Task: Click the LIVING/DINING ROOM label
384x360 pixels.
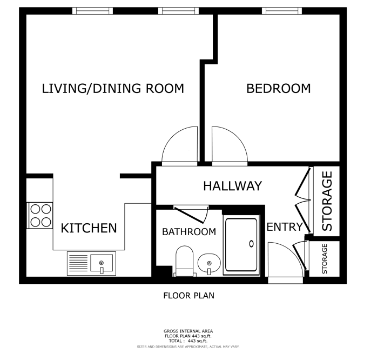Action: pos(113,89)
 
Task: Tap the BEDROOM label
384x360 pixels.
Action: pos(279,89)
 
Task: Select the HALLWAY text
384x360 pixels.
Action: pos(233,186)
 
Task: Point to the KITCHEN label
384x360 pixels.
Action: pos(89,228)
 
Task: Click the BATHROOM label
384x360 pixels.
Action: pos(189,232)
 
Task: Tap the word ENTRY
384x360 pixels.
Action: pos(285,227)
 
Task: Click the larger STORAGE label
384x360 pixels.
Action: pos(327,201)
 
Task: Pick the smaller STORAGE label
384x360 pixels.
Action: pos(325,259)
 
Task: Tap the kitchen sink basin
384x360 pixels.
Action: pos(102,263)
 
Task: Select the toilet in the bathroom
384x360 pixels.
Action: pos(184,261)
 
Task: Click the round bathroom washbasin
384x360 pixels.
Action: pos(209,263)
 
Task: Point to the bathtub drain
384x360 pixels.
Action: pos(251,244)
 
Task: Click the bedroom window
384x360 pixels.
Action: pos(281,11)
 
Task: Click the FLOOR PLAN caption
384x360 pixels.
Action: pos(189,296)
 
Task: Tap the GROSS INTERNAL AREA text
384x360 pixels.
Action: pos(188,331)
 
